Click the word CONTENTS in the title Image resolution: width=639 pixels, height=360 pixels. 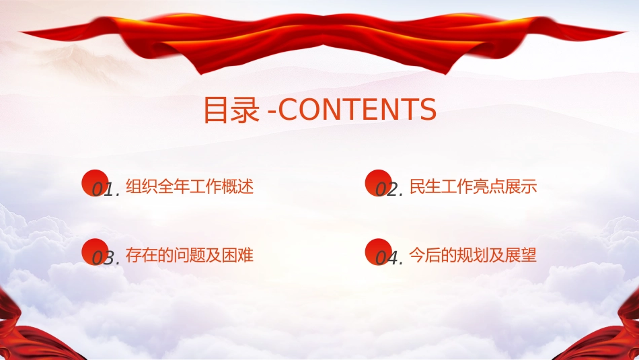(x=357, y=109)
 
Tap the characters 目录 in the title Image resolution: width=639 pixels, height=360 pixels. (x=231, y=109)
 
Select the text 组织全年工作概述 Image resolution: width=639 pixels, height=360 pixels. (x=190, y=186)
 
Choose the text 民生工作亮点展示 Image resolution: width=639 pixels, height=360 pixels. (x=473, y=186)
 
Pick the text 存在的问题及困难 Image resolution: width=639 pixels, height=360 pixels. (x=190, y=255)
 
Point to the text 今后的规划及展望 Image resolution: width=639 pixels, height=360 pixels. (x=473, y=255)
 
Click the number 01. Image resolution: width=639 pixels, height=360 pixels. (x=106, y=190)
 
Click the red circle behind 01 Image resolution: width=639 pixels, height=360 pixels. (x=95, y=182)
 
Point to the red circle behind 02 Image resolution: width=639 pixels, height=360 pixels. (x=378, y=182)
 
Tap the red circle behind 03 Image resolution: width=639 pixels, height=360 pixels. (x=95, y=252)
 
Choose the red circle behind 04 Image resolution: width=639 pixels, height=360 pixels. (x=378, y=252)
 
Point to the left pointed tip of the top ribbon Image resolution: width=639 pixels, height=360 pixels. (x=20, y=32)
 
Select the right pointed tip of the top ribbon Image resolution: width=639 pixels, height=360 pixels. (x=626, y=32)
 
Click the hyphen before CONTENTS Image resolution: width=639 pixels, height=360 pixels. (x=272, y=111)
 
